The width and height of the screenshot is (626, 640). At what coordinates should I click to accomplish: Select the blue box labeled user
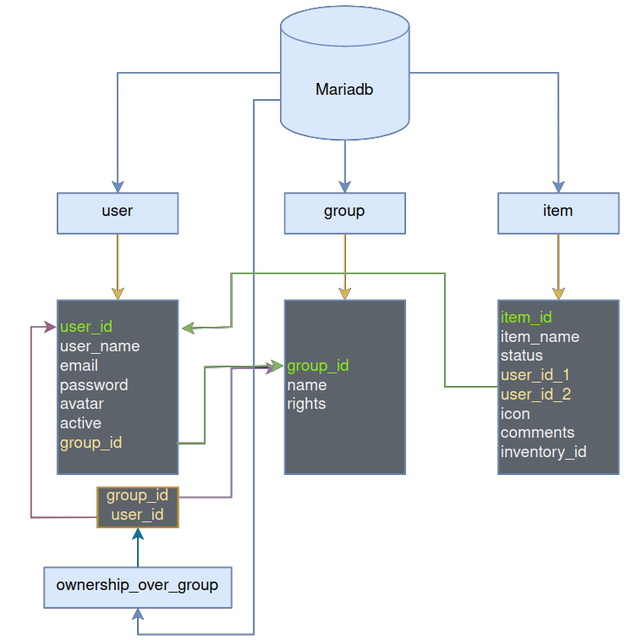point(118,212)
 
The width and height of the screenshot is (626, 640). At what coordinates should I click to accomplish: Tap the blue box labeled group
point(344,212)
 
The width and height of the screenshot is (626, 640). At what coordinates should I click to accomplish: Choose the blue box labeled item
point(557,212)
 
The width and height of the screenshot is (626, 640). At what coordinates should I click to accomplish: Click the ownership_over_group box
point(137,586)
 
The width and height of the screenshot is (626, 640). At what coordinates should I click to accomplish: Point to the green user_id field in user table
point(86,326)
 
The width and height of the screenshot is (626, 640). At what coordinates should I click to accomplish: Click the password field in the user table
point(94,385)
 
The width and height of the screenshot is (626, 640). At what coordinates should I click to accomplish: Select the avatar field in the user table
point(81,404)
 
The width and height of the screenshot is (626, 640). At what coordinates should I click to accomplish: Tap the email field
point(79,366)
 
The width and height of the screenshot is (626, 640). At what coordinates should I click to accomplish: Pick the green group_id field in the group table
point(318,366)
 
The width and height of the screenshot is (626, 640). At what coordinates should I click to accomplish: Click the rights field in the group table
point(306,404)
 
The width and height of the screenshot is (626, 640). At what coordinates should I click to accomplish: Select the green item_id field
point(526,317)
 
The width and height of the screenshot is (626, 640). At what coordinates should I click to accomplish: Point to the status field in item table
point(521,356)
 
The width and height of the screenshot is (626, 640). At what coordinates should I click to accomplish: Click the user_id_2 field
point(535,394)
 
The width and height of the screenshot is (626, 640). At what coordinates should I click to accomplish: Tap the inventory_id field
point(543,452)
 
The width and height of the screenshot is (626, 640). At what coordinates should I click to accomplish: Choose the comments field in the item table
point(537,433)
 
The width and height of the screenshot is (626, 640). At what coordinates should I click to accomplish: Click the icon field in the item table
point(515,414)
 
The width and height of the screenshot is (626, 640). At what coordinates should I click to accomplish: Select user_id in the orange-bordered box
point(137,515)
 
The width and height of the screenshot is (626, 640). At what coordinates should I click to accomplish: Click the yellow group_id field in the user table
point(91,443)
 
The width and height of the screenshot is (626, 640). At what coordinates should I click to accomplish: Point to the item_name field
point(540,337)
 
